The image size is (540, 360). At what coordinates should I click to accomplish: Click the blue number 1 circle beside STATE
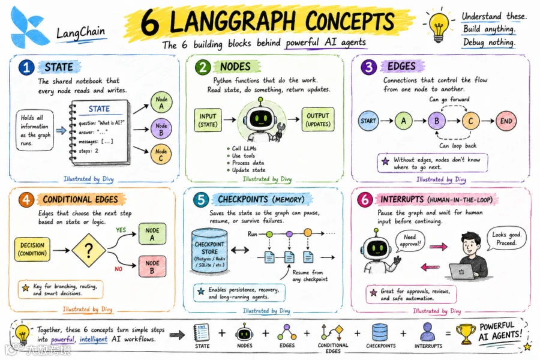click(x=26, y=67)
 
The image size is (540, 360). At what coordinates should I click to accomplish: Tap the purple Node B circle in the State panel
click(x=161, y=129)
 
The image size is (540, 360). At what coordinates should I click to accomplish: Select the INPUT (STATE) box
click(x=208, y=120)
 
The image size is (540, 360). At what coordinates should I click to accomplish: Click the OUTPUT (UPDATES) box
click(x=318, y=119)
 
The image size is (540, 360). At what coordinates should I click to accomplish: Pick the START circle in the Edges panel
click(x=368, y=121)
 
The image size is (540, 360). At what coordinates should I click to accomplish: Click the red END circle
click(x=506, y=121)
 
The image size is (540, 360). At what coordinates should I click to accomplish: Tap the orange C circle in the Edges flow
click(x=471, y=121)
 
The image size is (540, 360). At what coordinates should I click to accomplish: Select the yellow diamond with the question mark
click(x=89, y=250)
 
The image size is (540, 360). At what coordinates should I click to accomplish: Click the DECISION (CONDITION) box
click(x=32, y=249)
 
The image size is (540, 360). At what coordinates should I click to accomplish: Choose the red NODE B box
click(x=152, y=266)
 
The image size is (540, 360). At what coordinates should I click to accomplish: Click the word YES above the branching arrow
click(x=121, y=230)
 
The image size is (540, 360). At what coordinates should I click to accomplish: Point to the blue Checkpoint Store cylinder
click(x=209, y=251)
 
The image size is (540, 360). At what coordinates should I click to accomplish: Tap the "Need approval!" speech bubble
click(x=409, y=241)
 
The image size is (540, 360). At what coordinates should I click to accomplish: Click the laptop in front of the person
click(x=462, y=271)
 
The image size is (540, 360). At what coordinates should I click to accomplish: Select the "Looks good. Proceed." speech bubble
click(x=506, y=238)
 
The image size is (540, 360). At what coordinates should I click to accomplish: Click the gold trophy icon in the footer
click(x=466, y=334)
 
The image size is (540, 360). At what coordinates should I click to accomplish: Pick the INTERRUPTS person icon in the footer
click(x=427, y=332)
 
